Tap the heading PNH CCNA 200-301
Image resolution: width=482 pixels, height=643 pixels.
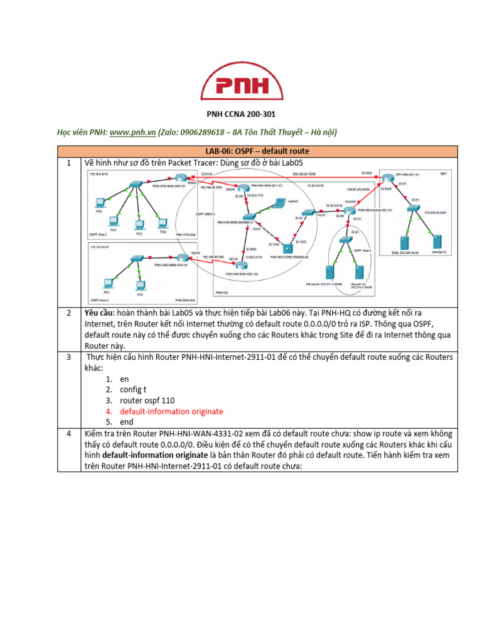[x=241, y=114]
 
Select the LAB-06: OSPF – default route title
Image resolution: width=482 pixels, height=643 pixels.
[x=258, y=151]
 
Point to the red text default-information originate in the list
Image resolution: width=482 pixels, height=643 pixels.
[x=171, y=411]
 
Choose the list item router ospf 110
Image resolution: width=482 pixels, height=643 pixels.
[x=147, y=401]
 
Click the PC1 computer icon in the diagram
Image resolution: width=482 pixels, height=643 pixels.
[x=108, y=283]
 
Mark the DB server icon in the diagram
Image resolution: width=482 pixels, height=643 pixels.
[x=328, y=273]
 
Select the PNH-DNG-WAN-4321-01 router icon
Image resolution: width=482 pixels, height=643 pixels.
[x=182, y=257]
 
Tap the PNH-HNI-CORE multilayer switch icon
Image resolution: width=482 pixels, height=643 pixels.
[x=288, y=247]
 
